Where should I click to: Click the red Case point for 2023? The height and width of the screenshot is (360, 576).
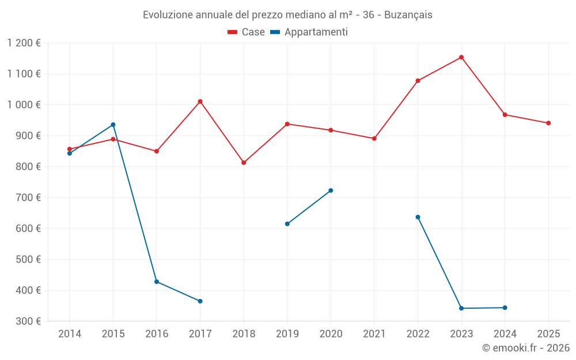[461, 57]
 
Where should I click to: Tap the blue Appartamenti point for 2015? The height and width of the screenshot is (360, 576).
[113, 124]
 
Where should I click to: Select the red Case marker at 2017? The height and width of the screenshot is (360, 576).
[200, 101]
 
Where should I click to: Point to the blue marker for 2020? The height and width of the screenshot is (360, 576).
[331, 190]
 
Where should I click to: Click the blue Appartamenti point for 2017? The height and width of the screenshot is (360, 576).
[200, 301]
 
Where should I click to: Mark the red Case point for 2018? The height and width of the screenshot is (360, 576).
[244, 162]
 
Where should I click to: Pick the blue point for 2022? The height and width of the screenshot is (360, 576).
[418, 217]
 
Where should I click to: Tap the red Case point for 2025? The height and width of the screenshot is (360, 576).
[548, 123]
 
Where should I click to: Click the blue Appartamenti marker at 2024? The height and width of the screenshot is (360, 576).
[505, 308]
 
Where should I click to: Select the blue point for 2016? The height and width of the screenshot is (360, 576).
[157, 282]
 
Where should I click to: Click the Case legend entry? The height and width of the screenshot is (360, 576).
[247, 32]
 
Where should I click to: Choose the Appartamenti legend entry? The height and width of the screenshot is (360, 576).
[309, 32]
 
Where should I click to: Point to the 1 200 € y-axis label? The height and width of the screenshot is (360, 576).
[24, 43]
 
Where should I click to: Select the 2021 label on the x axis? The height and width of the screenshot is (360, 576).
[374, 334]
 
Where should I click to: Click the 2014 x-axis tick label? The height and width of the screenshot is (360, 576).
[70, 334]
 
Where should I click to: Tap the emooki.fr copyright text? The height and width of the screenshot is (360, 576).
[526, 348]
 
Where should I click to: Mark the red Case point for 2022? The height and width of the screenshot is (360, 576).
[418, 81]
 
